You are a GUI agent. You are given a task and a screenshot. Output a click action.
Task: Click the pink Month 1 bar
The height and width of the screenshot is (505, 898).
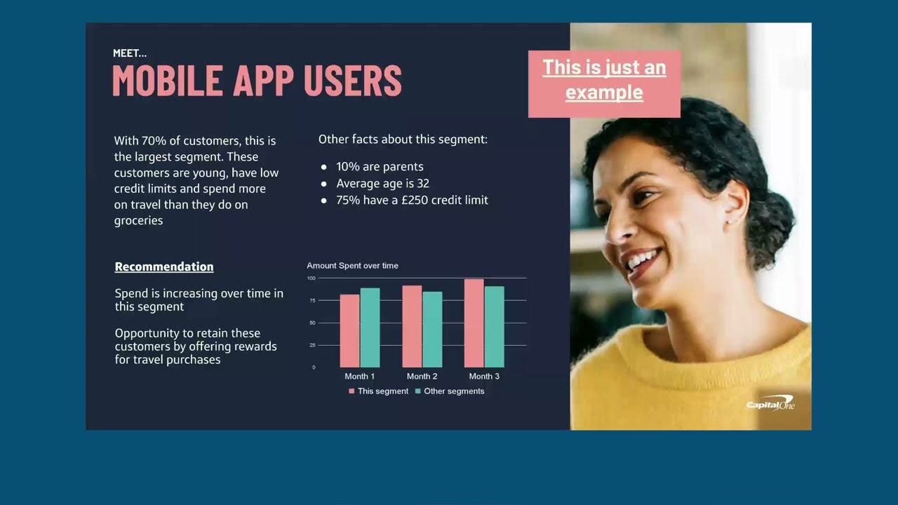point(349,330)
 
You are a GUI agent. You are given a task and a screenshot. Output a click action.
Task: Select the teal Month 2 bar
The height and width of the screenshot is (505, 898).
point(432,329)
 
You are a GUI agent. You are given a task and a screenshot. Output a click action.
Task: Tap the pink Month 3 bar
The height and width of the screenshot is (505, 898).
point(474,323)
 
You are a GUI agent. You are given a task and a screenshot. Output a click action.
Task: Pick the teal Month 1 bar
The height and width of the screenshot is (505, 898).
point(370,328)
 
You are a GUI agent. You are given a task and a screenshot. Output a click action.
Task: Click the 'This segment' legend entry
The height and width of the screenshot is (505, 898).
point(378,391)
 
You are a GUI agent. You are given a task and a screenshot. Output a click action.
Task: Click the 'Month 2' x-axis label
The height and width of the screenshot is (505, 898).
point(422,377)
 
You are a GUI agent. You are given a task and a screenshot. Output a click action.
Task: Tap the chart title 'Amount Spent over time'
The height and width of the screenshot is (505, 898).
point(352,266)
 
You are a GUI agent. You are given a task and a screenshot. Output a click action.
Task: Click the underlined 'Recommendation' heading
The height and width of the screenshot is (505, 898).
point(164,267)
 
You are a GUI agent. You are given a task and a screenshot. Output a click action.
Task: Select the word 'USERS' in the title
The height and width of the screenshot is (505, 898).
point(353,81)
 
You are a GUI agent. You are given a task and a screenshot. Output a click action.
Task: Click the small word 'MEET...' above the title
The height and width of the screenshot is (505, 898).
point(130,53)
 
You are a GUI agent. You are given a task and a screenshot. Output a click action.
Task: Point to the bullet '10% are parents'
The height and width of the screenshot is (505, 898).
point(380,167)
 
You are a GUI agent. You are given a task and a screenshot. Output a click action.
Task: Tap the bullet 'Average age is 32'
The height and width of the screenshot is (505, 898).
point(382,184)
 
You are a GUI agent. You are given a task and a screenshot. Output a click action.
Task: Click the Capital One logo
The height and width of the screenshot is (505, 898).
point(770,405)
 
